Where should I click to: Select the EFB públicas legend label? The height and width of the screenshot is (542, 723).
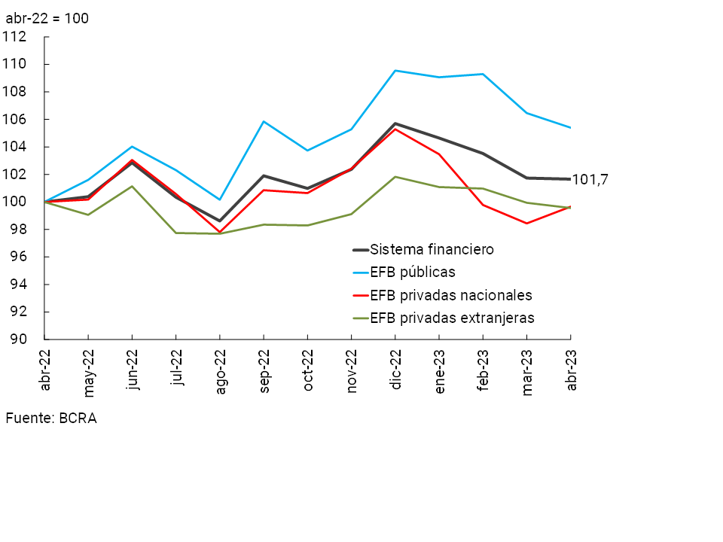point(418,272)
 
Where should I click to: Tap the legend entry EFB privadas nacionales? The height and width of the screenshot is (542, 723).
point(450,295)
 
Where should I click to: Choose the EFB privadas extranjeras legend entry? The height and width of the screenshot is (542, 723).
point(452,318)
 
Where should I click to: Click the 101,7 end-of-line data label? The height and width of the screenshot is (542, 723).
point(590,179)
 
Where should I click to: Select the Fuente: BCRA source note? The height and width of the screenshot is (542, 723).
point(51,418)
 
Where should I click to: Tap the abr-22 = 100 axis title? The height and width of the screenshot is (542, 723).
point(47,17)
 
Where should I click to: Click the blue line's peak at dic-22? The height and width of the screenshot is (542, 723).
point(395,71)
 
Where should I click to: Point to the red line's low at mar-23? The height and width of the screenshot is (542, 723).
point(527,223)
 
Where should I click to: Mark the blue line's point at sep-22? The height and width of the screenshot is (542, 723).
point(264,121)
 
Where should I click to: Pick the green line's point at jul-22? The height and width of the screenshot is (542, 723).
point(176,233)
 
